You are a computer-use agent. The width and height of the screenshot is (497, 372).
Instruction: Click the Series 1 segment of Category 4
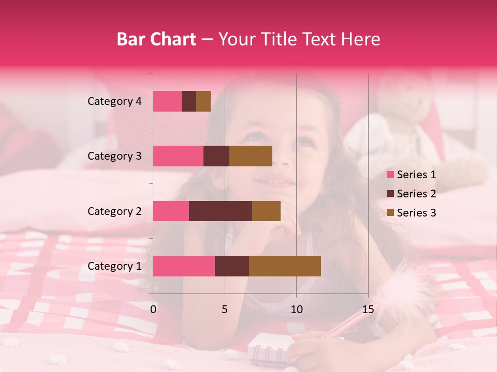click(x=167, y=101)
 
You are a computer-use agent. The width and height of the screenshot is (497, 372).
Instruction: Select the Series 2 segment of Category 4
click(x=189, y=101)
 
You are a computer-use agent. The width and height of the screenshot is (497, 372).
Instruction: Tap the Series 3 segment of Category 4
click(x=203, y=101)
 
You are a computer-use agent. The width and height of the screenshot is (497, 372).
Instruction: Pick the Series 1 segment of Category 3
click(x=178, y=156)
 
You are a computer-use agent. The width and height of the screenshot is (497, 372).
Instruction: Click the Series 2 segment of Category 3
click(x=216, y=156)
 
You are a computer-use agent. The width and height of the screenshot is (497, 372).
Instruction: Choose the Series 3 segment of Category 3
click(x=251, y=156)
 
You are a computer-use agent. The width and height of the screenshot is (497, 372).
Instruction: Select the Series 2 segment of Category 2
click(x=221, y=211)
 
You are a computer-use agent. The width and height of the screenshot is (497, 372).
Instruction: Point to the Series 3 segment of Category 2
click(x=266, y=211)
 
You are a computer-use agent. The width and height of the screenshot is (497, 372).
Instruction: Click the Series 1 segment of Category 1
click(x=184, y=266)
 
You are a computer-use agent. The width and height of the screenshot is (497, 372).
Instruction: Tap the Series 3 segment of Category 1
click(x=285, y=266)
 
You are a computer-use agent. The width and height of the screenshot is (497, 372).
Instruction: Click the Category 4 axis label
click(x=114, y=101)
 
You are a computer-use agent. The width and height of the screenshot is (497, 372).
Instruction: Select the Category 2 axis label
click(x=114, y=211)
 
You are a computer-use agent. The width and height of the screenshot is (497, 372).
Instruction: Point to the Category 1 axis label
click(x=114, y=266)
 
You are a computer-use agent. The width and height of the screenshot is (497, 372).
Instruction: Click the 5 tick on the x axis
click(x=225, y=309)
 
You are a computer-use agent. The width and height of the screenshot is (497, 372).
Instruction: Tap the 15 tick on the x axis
click(x=368, y=309)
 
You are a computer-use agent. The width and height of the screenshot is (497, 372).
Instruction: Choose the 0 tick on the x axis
click(x=153, y=309)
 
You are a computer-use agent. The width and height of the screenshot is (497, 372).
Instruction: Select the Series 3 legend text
click(x=416, y=213)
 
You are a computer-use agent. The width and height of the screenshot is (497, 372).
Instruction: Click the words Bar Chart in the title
click(x=156, y=39)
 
